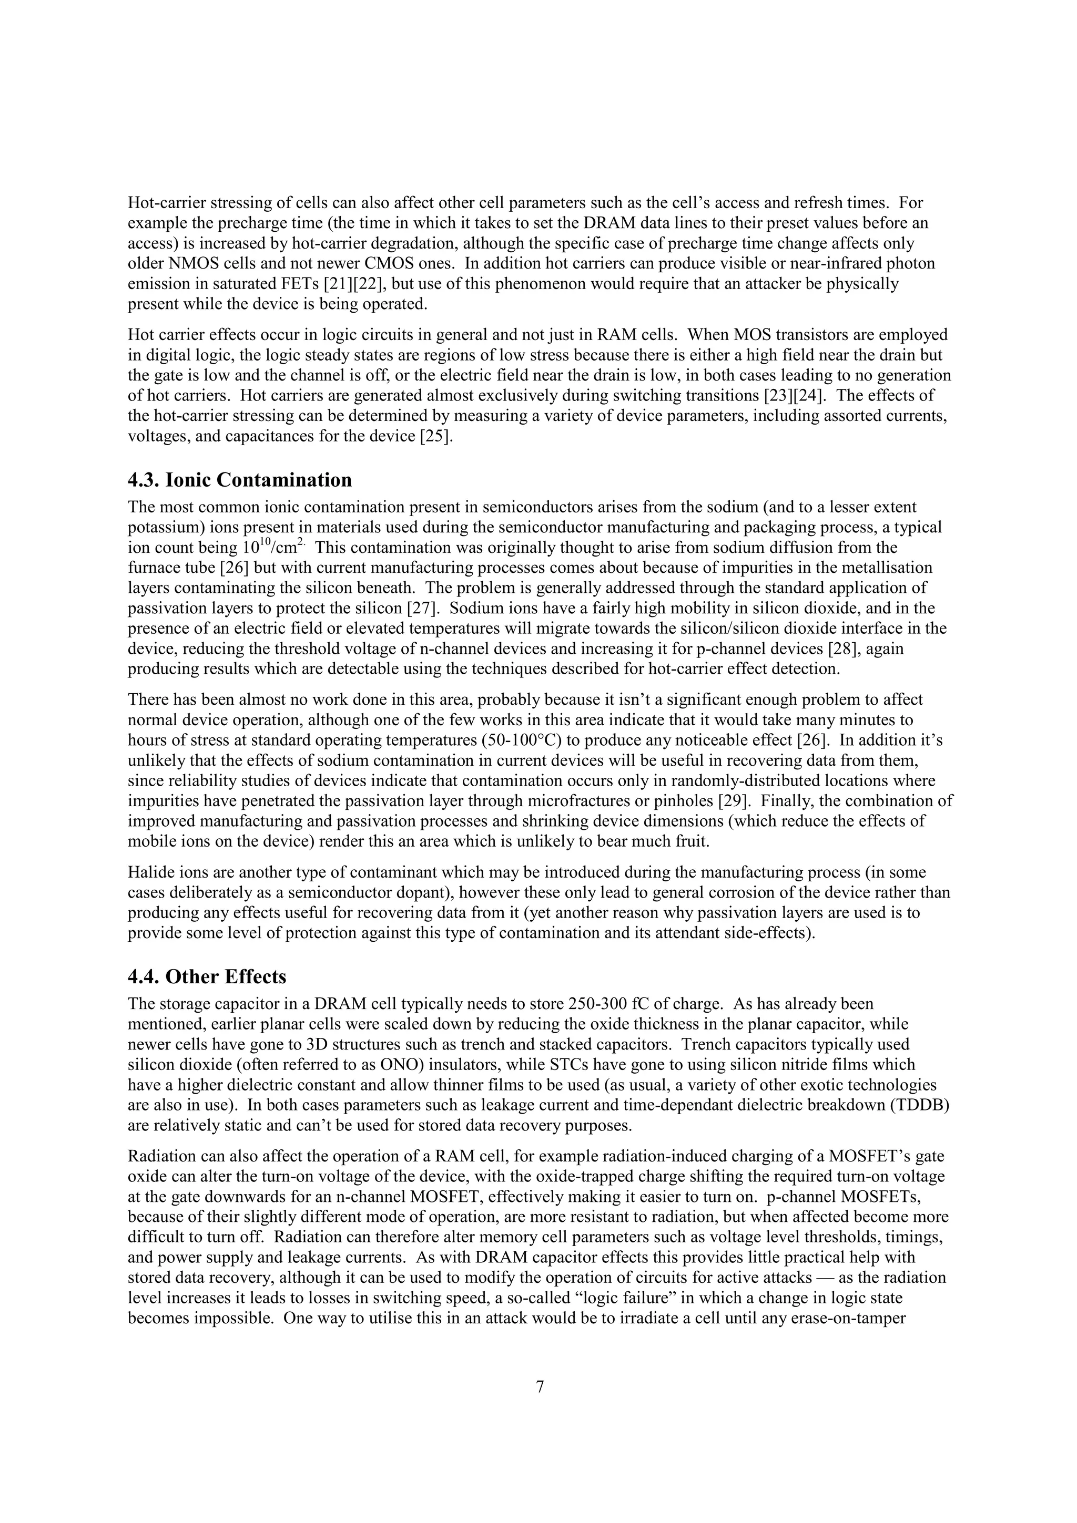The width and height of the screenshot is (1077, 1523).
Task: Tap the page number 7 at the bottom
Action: [x=540, y=1386]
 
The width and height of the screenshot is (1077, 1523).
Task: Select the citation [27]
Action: [x=423, y=608]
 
